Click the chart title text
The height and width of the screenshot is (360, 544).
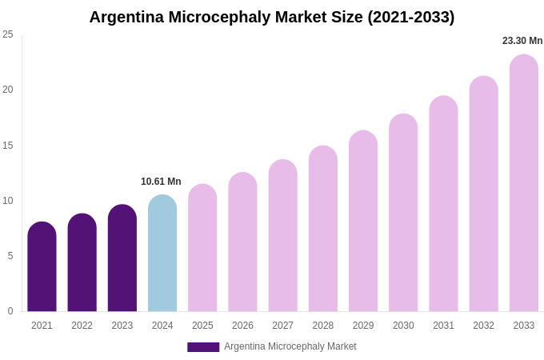271,17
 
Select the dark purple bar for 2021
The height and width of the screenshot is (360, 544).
42,268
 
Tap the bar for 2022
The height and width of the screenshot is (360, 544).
82,264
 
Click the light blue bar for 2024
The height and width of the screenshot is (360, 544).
162,254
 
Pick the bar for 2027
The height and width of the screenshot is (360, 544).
282,237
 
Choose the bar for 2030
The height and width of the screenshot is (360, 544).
403,214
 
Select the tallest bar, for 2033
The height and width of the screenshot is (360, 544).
523,184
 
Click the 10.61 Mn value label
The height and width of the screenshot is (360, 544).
161,182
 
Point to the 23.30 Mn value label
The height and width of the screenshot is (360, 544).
522,41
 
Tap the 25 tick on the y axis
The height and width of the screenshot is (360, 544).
8,34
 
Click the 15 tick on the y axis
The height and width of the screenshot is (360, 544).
8,146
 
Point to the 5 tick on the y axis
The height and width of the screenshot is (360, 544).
10,256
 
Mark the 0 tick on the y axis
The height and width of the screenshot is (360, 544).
10,311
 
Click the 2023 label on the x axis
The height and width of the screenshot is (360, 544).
122,326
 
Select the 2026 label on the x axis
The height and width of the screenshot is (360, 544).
242,326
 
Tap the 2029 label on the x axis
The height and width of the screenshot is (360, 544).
363,326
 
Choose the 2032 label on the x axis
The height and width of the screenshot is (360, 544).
483,326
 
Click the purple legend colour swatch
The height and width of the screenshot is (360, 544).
203,347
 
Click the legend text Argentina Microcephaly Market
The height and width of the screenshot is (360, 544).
290,346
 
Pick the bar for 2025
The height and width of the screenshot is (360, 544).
202,249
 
